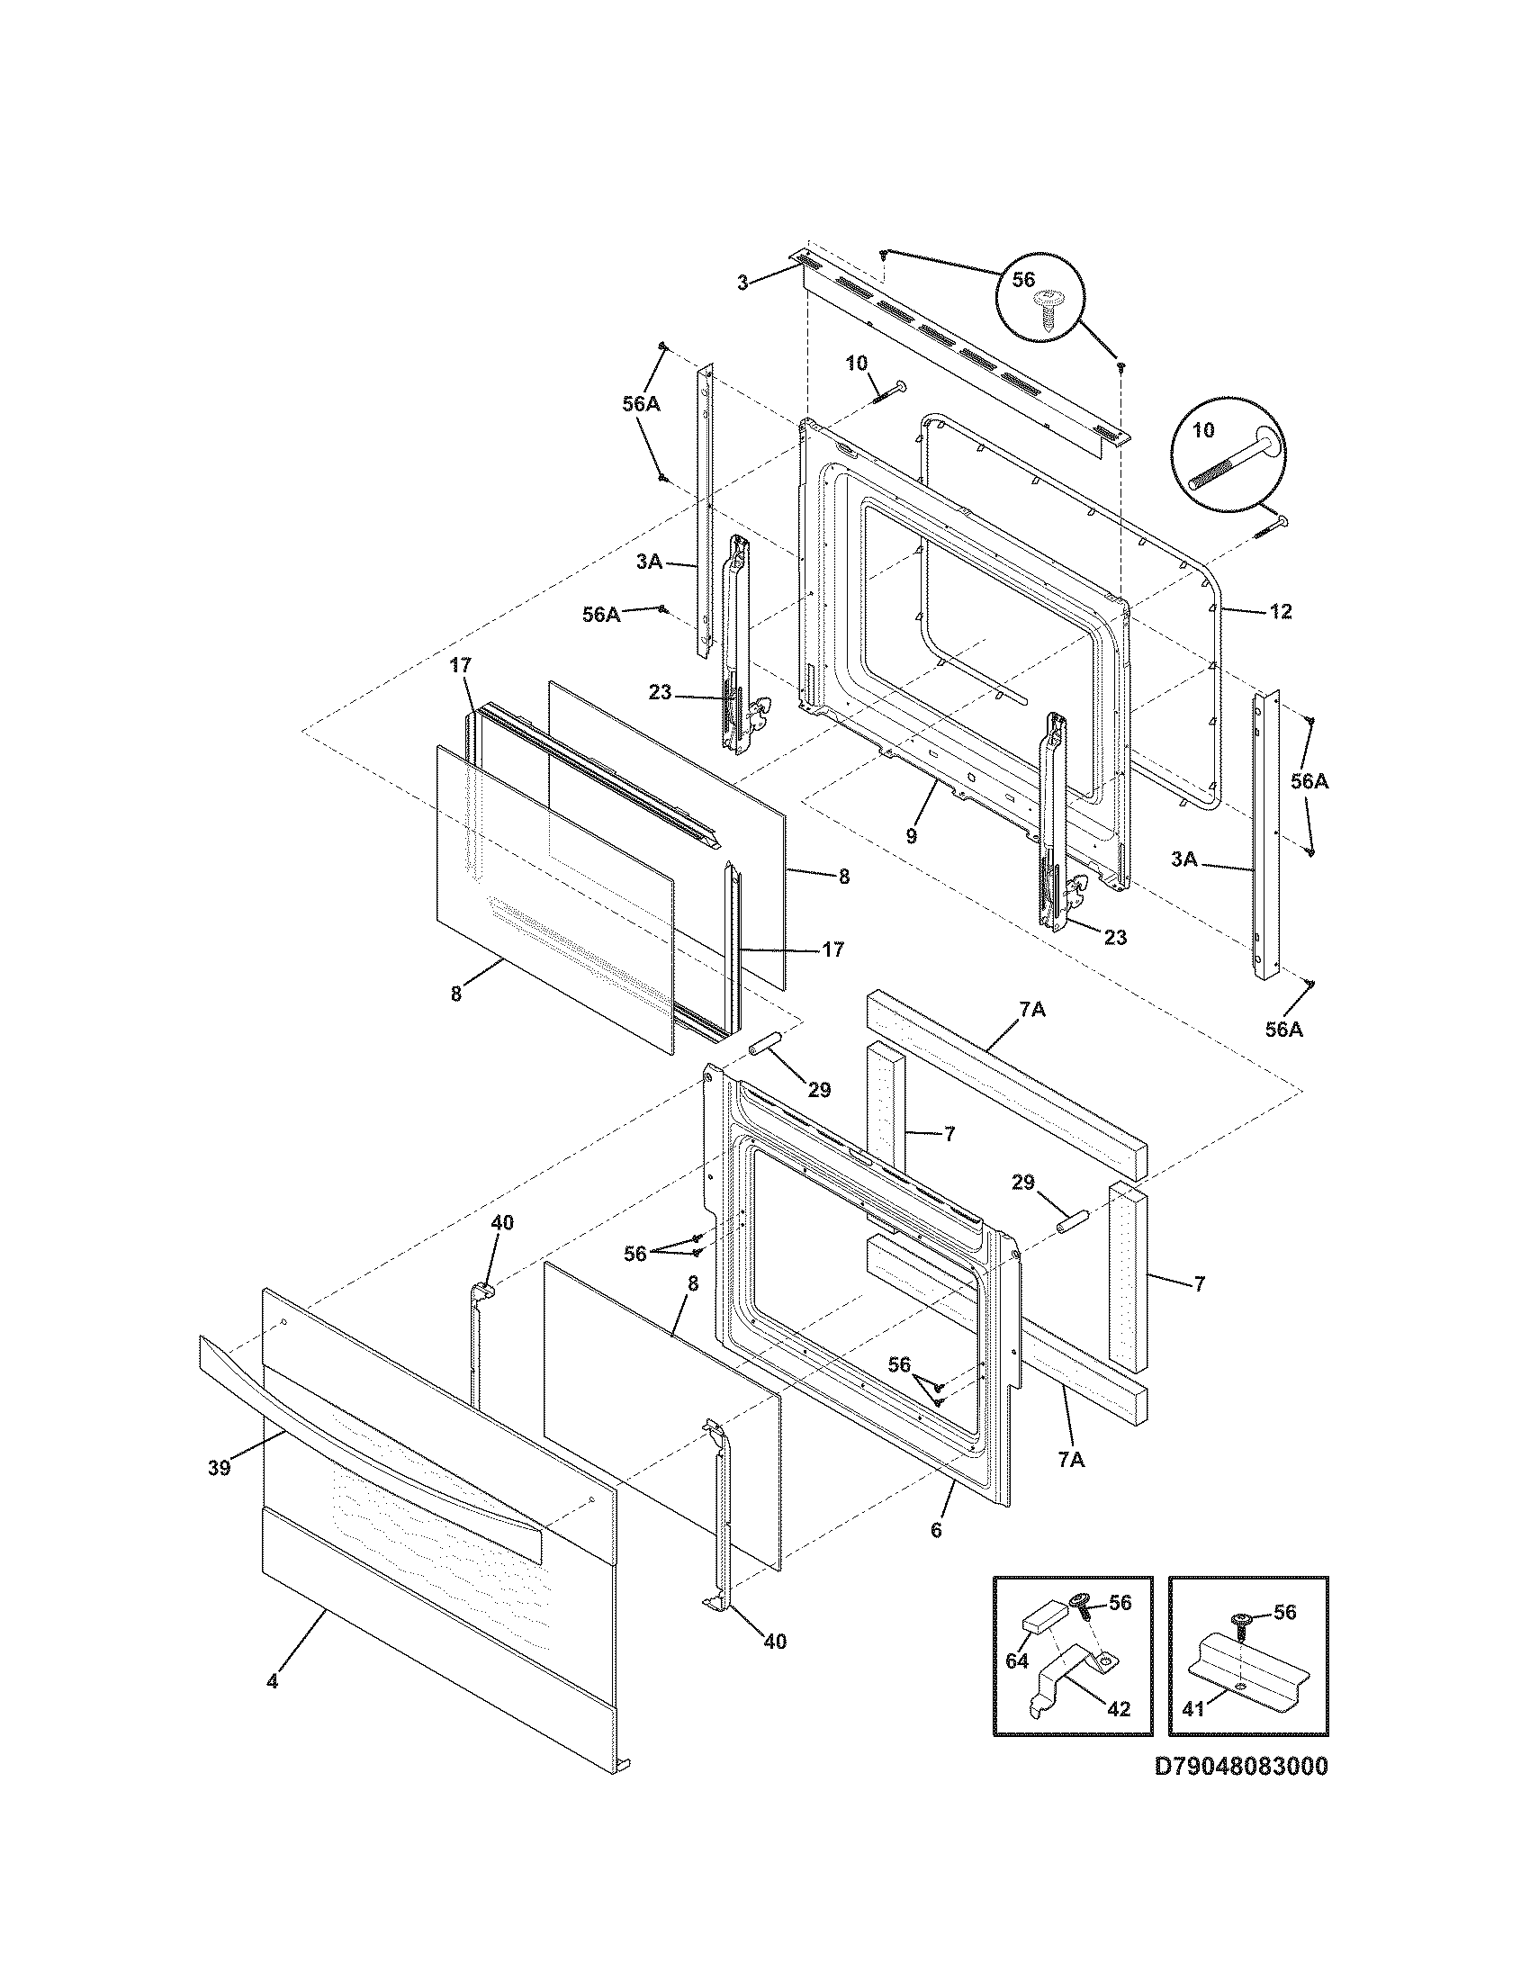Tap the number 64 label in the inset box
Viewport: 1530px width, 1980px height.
pos(1017,1660)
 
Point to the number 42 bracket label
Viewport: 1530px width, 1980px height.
pos(1119,1708)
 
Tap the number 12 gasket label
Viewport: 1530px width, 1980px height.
pos(1280,612)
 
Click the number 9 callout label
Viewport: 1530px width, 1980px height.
pos(911,837)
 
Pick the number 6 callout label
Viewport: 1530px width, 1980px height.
pos(936,1530)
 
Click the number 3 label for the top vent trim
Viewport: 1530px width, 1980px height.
pos(743,282)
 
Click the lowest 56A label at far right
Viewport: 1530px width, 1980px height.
pos(1283,1029)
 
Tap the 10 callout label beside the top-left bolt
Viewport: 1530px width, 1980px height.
pos(856,364)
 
